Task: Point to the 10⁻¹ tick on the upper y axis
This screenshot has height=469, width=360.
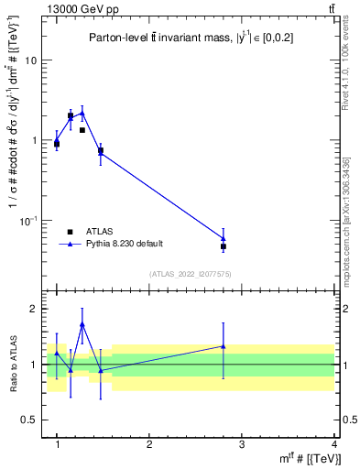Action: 30,220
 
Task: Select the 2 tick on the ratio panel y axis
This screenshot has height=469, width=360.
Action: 35,309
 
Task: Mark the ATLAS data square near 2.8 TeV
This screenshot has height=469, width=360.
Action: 224,246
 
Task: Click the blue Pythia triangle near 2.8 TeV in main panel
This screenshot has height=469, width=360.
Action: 224,238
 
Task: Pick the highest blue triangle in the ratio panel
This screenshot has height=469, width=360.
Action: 82,324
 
